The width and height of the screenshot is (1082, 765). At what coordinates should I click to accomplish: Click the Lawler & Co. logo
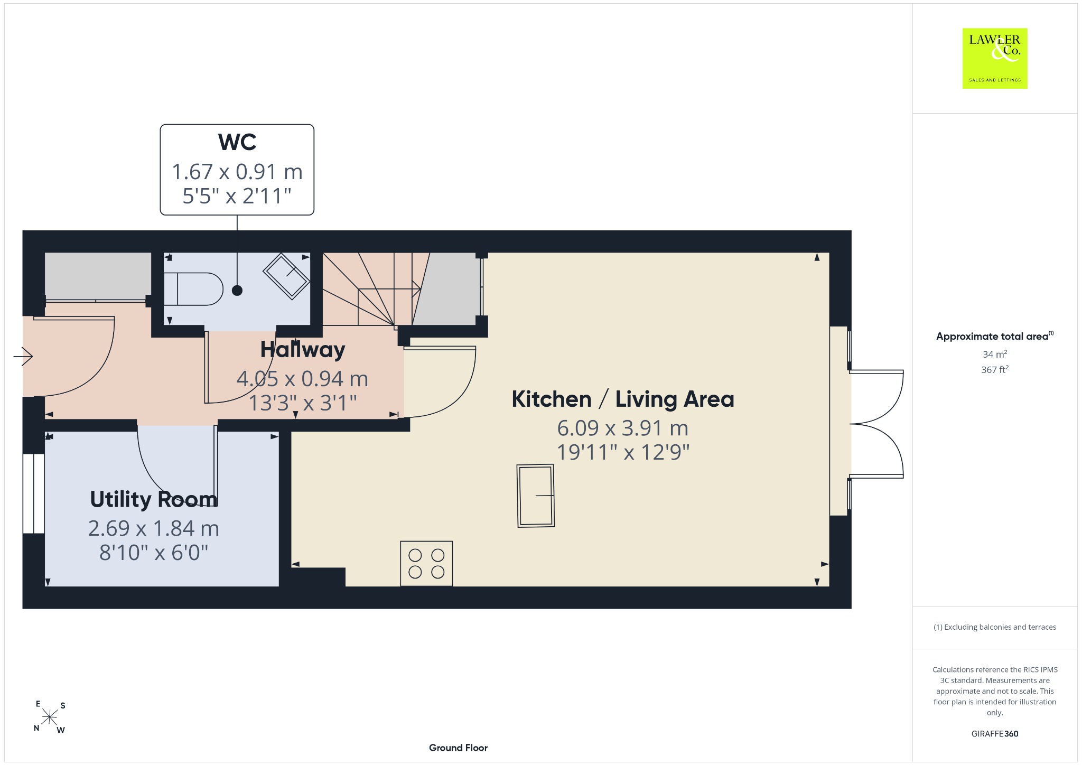(995, 58)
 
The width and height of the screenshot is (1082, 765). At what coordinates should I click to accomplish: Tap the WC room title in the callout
(237, 142)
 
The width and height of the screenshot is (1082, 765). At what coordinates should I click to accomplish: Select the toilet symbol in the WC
(193, 289)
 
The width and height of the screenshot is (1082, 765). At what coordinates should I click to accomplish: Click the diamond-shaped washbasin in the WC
(286, 276)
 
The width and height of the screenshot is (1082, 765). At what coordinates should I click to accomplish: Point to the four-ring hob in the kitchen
(426, 563)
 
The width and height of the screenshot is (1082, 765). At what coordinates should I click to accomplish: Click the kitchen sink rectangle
(536, 496)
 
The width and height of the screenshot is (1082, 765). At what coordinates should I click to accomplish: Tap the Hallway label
(303, 350)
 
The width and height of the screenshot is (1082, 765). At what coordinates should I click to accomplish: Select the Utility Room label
(154, 499)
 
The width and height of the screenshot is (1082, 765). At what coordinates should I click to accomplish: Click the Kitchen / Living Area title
(623, 399)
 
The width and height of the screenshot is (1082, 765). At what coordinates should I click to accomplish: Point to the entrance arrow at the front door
(23, 357)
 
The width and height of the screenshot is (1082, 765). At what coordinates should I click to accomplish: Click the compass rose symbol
(50, 717)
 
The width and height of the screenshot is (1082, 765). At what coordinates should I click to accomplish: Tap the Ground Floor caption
(458, 748)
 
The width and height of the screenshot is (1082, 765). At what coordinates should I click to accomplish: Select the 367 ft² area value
(995, 370)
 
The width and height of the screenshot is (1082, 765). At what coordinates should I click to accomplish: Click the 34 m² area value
(995, 354)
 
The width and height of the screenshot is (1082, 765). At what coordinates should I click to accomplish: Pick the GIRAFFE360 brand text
(995, 733)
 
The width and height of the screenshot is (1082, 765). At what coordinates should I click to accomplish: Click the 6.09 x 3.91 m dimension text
(623, 428)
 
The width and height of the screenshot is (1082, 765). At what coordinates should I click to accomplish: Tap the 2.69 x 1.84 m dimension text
(154, 528)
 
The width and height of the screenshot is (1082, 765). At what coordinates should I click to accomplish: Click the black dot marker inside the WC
(237, 290)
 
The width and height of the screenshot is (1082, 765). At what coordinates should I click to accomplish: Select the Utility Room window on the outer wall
(34, 493)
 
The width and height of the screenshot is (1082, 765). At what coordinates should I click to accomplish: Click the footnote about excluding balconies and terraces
(995, 627)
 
